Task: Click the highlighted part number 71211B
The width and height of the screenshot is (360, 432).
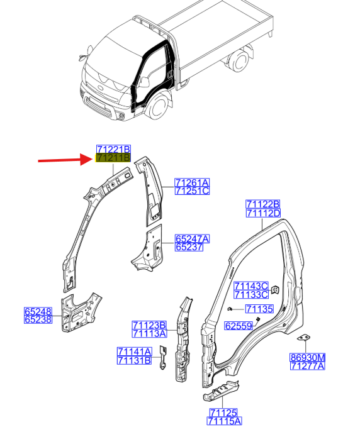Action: pos(113,158)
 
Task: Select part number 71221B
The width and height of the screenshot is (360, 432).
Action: pos(113,149)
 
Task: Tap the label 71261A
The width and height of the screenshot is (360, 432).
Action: pos(192,182)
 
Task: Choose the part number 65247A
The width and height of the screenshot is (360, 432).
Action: pos(192,238)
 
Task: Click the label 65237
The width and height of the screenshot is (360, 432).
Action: pos(189,247)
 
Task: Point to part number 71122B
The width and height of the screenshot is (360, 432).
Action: pos(263,204)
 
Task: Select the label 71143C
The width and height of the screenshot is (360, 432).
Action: pos(251,285)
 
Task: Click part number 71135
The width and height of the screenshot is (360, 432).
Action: pos(259,309)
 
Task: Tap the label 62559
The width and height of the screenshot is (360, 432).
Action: pos(239,326)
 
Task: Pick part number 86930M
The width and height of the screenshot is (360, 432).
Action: pos(308,357)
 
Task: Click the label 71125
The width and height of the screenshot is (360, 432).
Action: pos(223,413)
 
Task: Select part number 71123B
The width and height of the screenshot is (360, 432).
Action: pos(149,325)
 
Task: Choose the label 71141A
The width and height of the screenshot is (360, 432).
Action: pos(134,352)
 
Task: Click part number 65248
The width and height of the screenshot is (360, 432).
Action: pos(38,311)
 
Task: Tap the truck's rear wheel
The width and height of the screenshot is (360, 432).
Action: pos(239,61)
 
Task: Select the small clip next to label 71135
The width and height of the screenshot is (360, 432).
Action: pos(229,309)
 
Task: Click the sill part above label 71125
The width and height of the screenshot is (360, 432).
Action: pos(221,391)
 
